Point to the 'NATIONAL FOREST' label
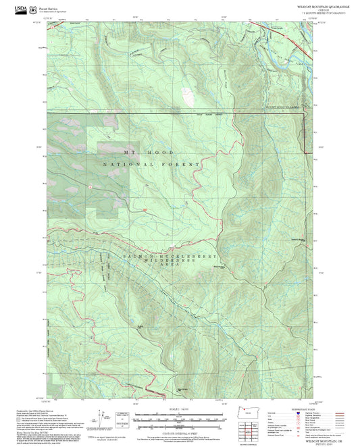pos(153,164)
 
